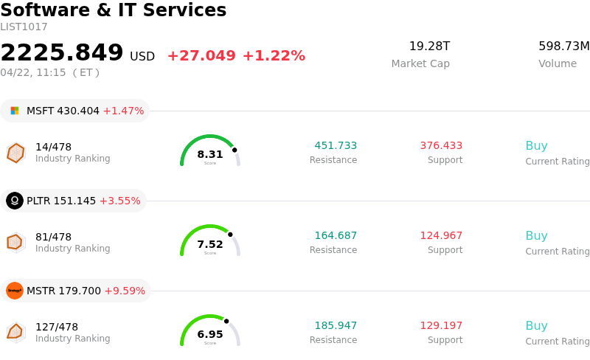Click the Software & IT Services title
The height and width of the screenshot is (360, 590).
[x=113, y=10]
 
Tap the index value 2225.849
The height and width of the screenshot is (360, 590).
[x=62, y=53]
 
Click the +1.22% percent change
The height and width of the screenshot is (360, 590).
[x=274, y=56]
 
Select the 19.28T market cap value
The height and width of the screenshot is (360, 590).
[x=429, y=46]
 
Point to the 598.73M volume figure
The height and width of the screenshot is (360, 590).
[x=563, y=46]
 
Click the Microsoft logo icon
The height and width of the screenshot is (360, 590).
[x=15, y=111]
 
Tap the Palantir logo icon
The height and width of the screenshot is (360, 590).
[x=15, y=201]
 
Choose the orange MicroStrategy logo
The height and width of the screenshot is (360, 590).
[x=15, y=291]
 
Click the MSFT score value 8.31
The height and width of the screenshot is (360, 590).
[x=210, y=154]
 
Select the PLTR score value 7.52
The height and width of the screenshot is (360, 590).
[x=210, y=244]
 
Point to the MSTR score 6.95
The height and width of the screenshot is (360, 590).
[x=210, y=334]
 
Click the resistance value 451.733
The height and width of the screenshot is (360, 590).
[x=336, y=146]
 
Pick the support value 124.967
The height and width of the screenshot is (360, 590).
[x=441, y=236]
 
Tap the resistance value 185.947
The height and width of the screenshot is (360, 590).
[x=336, y=326]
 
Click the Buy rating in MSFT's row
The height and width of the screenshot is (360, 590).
[x=536, y=146]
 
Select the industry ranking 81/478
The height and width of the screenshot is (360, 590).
[x=53, y=237]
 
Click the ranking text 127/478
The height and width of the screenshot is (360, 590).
[x=57, y=327]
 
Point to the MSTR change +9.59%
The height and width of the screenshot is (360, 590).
[x=125, y=291]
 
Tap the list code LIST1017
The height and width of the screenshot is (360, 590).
[x=24, y=27]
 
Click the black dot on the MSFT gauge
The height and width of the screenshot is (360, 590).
[x=235, y=150]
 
